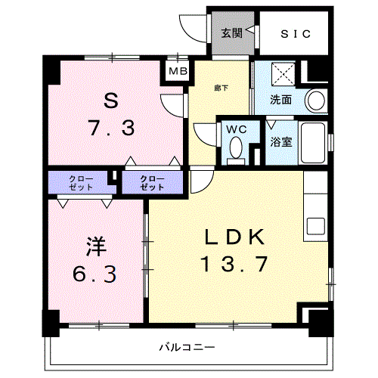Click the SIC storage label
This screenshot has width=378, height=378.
coord(295,33)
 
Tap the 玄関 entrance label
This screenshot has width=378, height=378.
coord(231,33)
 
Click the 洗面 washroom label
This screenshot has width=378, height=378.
coord(281,100)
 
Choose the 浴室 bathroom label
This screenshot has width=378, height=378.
coord(281,141)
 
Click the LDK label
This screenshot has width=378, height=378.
coord(234,237)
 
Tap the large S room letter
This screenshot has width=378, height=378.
coord(111,101)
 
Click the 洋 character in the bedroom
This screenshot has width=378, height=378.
coord(94,246)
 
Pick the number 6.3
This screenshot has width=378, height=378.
coord(94,274)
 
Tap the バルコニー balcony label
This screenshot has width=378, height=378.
coord(184,348)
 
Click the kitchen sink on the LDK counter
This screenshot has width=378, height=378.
coord(315,225)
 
